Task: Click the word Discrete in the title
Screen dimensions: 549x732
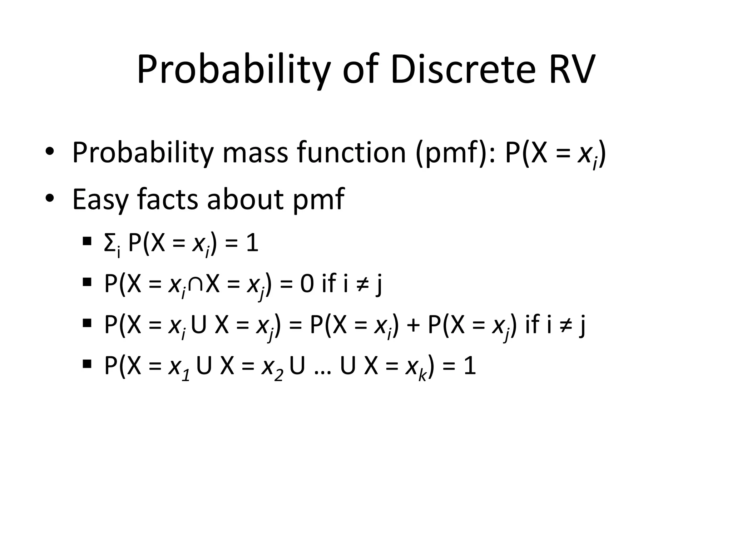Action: point(463,69)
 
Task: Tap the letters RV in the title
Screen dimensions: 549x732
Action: point(572,69)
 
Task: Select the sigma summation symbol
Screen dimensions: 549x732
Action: point(109,244)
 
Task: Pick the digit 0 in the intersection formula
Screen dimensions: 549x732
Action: point(307,285)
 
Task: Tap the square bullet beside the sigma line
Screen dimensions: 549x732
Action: point(86,241)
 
